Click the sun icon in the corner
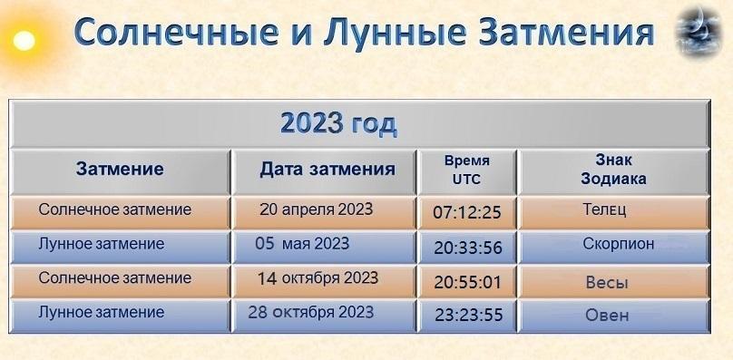point(23,40)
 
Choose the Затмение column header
point(120,169)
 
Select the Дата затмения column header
point(327,169)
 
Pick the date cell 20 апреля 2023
point(316,209)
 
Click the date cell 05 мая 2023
point(302,243)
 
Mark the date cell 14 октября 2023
point(318,277)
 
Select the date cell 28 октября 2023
point(311,312)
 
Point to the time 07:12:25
point(467,214)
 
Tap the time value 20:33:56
point(467,248)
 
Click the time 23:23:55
point(467,316)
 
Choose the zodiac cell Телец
point(605,209)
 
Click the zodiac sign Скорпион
point(619,243)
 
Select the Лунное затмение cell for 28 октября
point(102,312)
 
